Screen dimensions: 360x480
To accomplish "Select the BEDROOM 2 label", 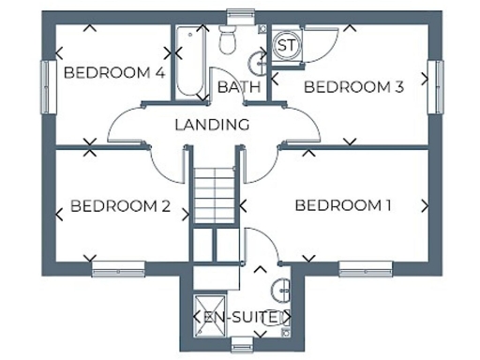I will tap(120, 206).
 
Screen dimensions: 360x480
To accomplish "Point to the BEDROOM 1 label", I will tap(343, 205).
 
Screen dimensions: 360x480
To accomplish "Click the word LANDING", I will tap(212, 124).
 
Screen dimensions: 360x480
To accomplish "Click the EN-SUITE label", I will tap(241, 318).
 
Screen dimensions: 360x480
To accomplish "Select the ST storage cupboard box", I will tap(286, 45).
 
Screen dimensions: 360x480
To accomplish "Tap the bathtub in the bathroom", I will tap(189, 62).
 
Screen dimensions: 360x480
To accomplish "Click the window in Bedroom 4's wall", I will tap(44, 86).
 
